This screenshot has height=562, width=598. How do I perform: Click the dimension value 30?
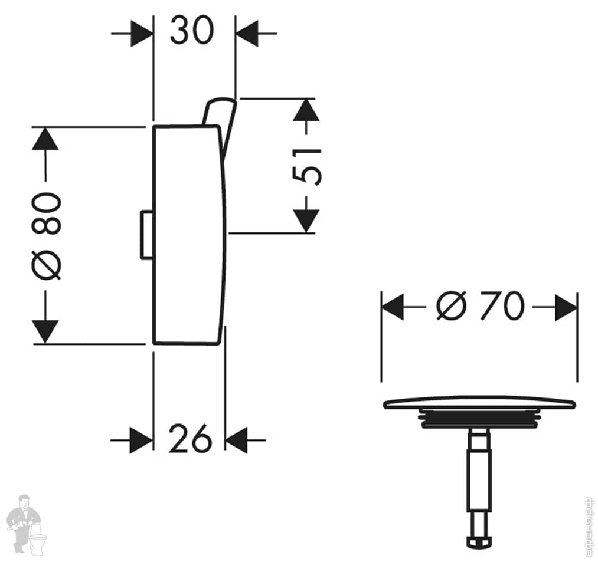[x=191, y=31]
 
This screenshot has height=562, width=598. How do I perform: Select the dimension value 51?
[x=308, y=166]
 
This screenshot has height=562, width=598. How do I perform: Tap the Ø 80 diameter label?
[x=47, y=235]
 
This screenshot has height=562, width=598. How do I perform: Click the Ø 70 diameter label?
[x=479, y=307]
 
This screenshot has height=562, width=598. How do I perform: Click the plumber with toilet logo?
[x=24, y=524]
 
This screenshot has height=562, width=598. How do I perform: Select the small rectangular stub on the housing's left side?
[x=146, y=235]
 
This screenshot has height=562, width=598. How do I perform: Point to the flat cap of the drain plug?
[x=479, y=404]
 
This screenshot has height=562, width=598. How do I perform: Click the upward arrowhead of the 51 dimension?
[x=305, y=111]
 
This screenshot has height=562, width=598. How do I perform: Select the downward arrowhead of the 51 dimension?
[x=305, y=221]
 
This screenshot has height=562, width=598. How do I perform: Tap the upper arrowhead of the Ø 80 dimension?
[x=45, y=139]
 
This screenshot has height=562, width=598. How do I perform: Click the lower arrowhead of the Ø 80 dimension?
[x=45, y=331]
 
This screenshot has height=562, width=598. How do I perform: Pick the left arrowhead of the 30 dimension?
[x=141, y=34]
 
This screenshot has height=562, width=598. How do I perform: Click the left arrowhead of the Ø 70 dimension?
[x=393, y=307]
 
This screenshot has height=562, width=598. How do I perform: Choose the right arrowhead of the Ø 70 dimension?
[x=566, y=307]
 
